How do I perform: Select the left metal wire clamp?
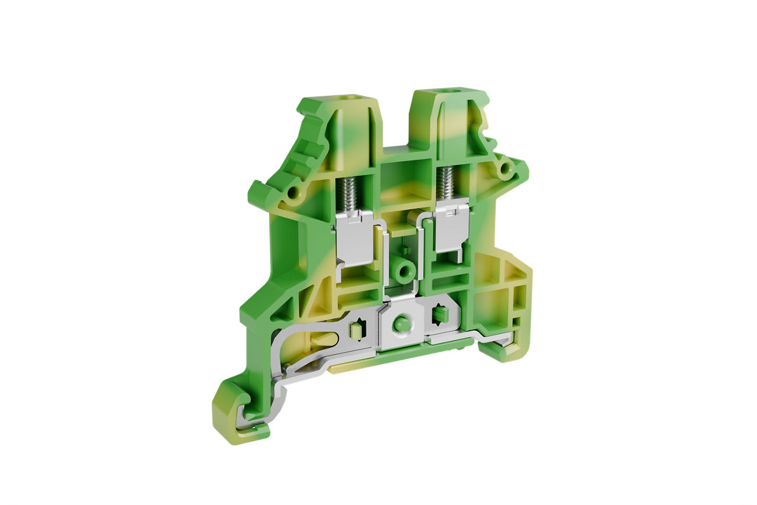point(355,239)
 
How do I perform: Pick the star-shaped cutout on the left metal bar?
point(356,330)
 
